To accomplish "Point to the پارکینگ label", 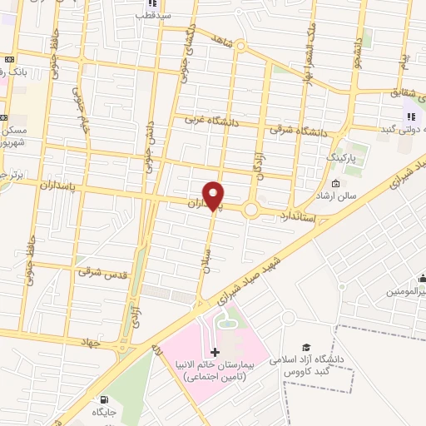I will pyautogui.click(x=340, y=156).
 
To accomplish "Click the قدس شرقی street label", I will pyautogui.click(x=100, y=270).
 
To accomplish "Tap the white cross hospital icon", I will pyautogui.click(x=215, y=353).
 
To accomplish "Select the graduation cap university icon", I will pyautogui.click(x=307, y=346).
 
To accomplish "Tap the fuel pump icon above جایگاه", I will pyautogui.click(x=103, y=399).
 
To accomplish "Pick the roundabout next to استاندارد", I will pyautogui.click(x=252, y=209).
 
